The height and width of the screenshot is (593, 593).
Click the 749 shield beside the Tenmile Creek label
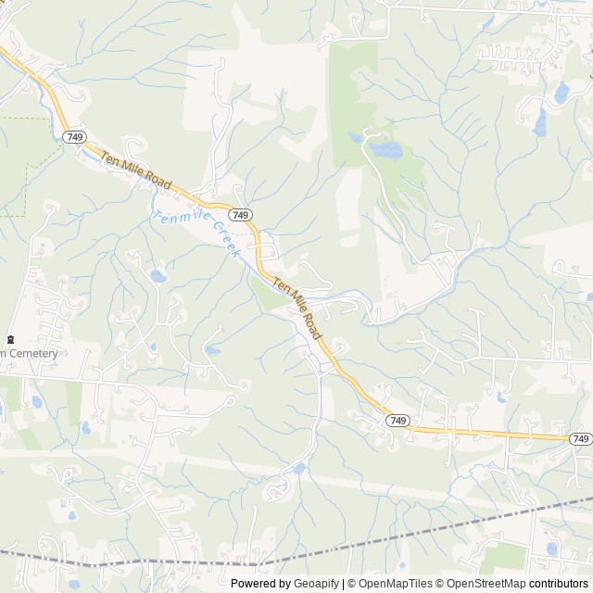pyautogui.click(x=241, y=215)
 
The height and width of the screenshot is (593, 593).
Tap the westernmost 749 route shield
pyautogui.click(x=73, y=137)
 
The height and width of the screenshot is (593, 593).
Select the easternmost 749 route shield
pyautogui.click(x=580, y=438)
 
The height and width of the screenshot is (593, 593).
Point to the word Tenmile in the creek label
pyautogui.click(x=179, y=219)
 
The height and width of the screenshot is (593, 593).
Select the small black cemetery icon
pyautogui.click(x=10, y=340)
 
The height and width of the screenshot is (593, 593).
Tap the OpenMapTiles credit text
pyautogui.click(x=393, y=584)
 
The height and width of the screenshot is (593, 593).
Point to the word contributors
pyautogui.click(x=559, y=584)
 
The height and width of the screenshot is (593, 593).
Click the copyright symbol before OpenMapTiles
pyautogui.click(x=352, y=584)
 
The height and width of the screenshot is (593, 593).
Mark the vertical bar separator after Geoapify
pyautogui.click(x=343, y=584)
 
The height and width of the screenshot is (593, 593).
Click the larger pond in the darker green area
pyautogui.click(x=383, y=148)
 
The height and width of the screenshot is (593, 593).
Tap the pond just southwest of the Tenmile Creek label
pyautogui.click(x=158, y=275)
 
